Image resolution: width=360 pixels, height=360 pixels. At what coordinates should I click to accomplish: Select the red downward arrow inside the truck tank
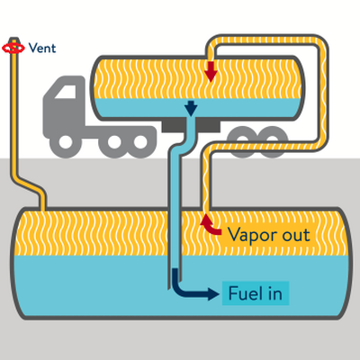pyautogui.click(x=211, y=71)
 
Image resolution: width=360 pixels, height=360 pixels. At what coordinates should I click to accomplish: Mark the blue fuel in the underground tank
pyautogui.click(x=90, y=288)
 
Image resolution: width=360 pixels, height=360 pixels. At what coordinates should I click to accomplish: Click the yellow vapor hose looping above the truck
pyautogui.click(x=270, y=40)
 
